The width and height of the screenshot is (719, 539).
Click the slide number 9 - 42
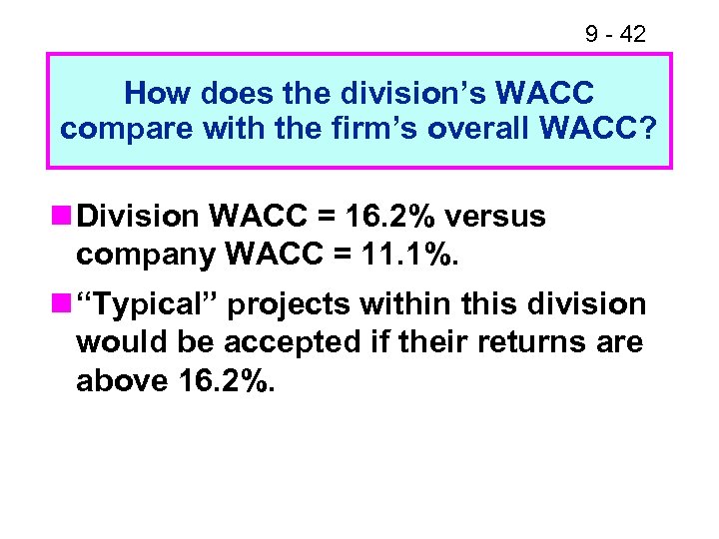(615, 34)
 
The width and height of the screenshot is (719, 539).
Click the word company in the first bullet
(147, 256)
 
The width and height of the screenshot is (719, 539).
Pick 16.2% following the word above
(222, 381)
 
